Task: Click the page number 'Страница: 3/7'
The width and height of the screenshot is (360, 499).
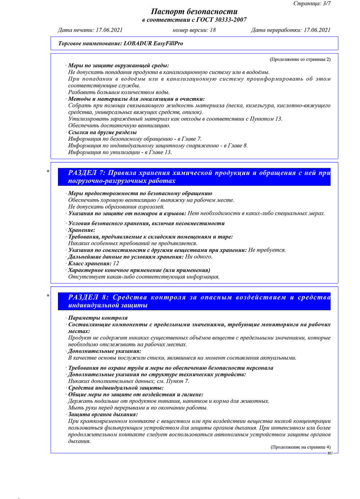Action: pyautogui.click(x=312, y=4)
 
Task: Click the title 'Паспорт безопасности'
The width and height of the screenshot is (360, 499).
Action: pyautogui.click(x=194, y=12)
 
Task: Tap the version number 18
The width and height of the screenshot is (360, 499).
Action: pyautogui.click(x=213, y=30)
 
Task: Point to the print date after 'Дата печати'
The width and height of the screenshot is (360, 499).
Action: pyautogui.click(x=109, y=30)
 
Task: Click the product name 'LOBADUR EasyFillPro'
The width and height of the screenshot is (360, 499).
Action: pyautogui.click(x=153, y=43)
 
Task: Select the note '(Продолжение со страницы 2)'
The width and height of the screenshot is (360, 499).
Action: pyautogui.click(x=300, y=59)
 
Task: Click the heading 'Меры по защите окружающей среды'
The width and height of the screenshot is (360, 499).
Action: pyautogui.click(x=118, y=66)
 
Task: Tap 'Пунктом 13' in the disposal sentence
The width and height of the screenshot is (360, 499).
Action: pyautogui.click(x=266, y=119)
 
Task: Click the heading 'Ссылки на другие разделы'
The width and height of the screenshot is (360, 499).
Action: pyautogui.click(x=102, y=132)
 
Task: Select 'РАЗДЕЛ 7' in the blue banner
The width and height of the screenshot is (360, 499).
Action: pyautogui.click(x=87, y=173)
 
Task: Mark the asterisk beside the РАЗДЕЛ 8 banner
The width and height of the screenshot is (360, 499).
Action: pyautogui.click(x=48, y=296)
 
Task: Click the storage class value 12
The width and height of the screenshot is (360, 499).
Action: pyautogui.click(x=116, y=264)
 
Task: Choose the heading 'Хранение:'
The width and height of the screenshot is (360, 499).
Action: pyautogui.click(x=82, y=230)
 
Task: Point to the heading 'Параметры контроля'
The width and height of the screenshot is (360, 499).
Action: pyautogui.click(x=98, y=318)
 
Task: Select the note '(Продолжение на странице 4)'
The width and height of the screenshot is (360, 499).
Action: pyautogui.click(x=300, y=447)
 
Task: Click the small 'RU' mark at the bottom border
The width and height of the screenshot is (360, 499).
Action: pyautogui.click(x=330, y=453)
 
